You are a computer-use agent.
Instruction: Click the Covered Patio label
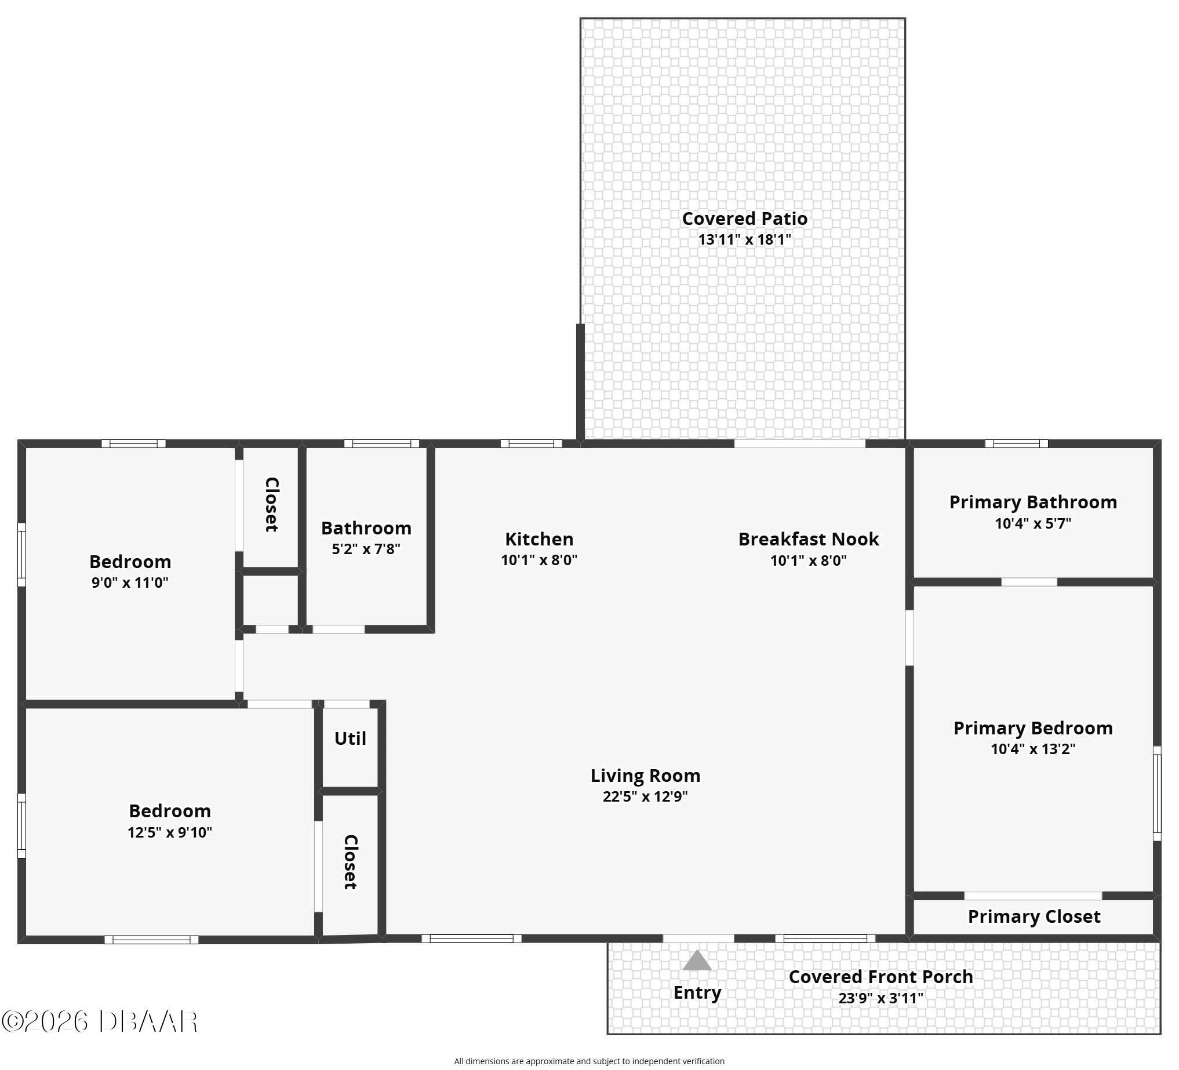tap(744, 219)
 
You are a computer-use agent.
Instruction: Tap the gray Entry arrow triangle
tap(697, 960)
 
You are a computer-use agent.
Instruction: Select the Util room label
tap(350, 738)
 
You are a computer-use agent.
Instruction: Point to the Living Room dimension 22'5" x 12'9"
tap(645, 796)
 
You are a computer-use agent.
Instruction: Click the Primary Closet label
tap(1034, 916)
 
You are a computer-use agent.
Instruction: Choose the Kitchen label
tap(539, 538)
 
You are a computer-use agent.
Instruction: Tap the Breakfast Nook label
tap(808, 539)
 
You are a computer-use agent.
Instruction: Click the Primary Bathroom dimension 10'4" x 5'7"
tap(1033, 523)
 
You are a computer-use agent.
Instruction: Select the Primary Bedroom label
tap(1033, 728)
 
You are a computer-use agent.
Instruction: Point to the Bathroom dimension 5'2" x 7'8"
tap(366, 549)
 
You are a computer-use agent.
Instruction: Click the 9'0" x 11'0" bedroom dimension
tap(130, 583)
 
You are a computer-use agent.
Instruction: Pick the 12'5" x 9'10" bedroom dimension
tap(170, 832)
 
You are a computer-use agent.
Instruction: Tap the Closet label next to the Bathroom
tap(271, 505)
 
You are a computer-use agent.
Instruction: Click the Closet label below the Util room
tap(350, 862)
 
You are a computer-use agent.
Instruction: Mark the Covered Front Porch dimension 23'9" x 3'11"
tap(880, 998)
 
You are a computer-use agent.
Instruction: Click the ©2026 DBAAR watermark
tap(100, 1021)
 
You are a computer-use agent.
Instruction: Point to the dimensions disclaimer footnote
tap(589, 1061)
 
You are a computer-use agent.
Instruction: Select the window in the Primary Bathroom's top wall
tap(1017, 443)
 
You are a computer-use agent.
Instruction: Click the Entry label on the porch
tap(697, 992)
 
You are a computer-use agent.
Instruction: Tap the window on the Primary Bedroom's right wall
tap(1157, 794)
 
